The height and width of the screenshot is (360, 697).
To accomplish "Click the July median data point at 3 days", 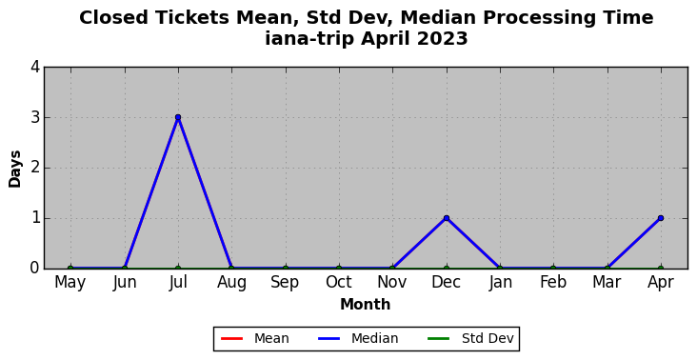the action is click(178, 117).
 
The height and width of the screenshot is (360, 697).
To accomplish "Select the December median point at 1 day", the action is click(447, 218).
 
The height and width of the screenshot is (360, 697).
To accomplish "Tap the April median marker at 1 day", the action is click(661, 218).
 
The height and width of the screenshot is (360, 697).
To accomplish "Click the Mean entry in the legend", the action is click(254, 339).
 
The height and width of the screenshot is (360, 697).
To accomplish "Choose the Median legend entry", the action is click(358, 339).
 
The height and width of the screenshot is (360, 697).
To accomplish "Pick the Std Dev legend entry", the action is click(470, 339).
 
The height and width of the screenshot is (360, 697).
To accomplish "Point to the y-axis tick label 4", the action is click(35, 68).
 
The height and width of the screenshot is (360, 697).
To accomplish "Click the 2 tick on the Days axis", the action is click(35, 168).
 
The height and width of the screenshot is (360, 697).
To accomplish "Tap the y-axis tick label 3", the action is click(35, 118).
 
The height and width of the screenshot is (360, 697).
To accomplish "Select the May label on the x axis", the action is click(70, 282).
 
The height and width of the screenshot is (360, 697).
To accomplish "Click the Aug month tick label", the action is click(231, 282).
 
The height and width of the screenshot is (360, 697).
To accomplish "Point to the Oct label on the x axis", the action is click(339, 282).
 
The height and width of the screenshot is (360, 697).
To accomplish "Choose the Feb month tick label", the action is click(553, 282).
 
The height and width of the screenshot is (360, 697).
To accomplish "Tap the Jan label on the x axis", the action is click(500, 282).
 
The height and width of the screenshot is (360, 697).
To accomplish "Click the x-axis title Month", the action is click(366, 305).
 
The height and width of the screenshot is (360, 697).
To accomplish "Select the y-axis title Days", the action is click(14, 169).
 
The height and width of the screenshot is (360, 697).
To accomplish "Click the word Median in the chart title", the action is click(435, 18).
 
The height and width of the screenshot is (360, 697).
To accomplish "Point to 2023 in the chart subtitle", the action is click(443, 39).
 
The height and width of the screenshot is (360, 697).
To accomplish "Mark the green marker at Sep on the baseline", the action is click(286, 269).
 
